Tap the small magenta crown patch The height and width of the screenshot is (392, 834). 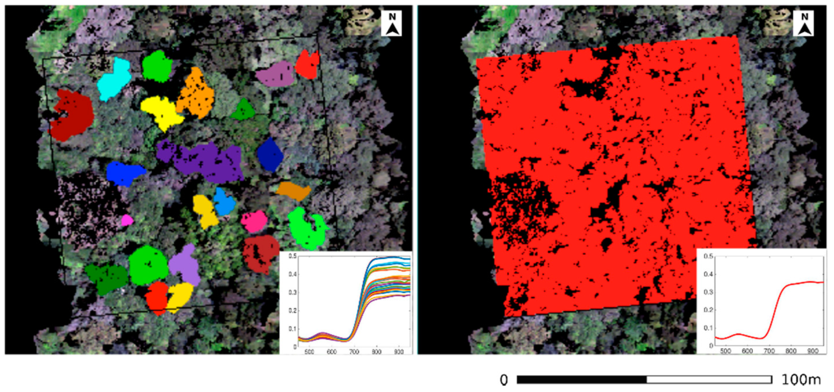(126, 220)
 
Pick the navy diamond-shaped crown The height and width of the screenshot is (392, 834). (270, 155)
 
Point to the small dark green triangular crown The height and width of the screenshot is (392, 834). (243, 110)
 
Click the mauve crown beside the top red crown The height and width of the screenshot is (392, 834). (275, 74)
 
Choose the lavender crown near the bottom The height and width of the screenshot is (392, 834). (184, 266)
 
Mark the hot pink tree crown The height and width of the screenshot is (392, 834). (254, 221)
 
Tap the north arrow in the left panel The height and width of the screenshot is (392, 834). (392, 24)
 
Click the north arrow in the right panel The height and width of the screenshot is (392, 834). (804, 24)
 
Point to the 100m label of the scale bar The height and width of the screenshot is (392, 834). (801, 380)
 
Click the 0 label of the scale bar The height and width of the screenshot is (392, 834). (504, 380)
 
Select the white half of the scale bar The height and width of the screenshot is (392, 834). (709, 379)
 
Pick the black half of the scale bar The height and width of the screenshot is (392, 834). (581, 379)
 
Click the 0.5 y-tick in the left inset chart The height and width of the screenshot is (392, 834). (293, 256)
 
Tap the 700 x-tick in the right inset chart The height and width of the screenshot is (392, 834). (769, 351)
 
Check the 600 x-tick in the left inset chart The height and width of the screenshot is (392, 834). (332, 352)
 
